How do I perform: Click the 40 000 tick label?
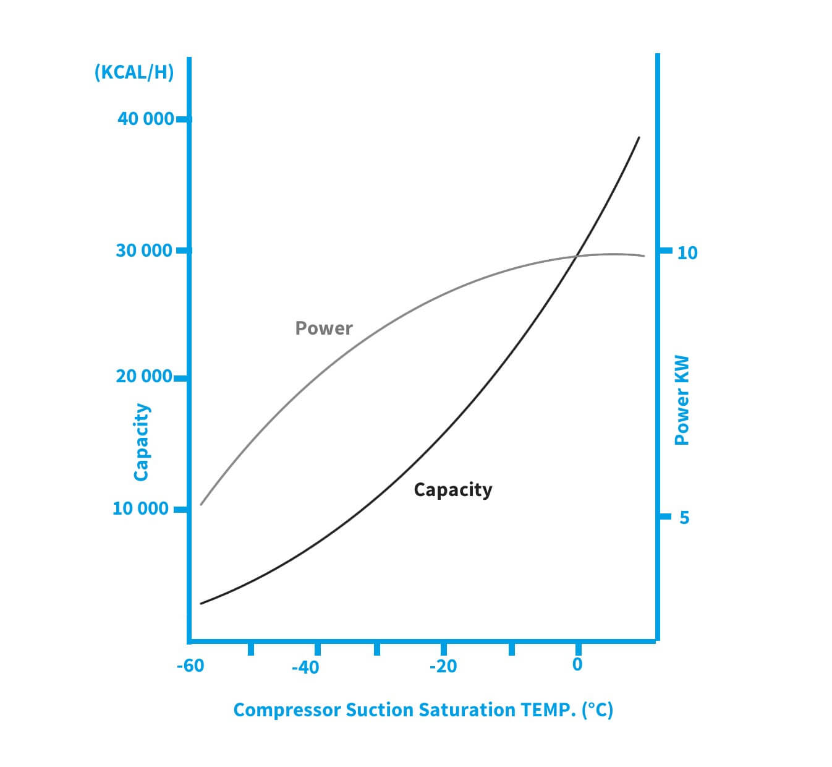point(145,118)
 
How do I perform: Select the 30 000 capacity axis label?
point(145,251)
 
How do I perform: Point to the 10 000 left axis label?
point(140,508)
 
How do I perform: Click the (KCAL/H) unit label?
point(134,72)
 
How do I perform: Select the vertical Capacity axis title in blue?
point(142,442)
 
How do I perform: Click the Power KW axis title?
point(681,400)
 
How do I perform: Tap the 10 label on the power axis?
point(687,252)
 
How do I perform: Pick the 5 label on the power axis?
point(684,517)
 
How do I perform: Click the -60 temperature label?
point(190,666)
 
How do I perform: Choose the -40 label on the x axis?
point(305,667)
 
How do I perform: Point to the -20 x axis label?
point(443,666)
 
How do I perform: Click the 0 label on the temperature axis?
point(577,664)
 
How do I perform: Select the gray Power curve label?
point(324,328)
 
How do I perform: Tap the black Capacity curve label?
point(453,489)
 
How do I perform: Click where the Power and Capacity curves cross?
point(577,255)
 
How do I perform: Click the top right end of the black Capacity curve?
point(639,137)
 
